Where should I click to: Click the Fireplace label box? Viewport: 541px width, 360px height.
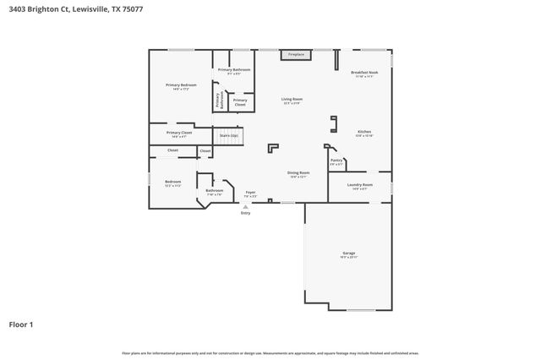click(x=296, y=54)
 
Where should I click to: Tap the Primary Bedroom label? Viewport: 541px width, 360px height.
click(x=181, y=86)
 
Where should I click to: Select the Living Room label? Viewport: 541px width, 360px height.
click(x=292, y=101)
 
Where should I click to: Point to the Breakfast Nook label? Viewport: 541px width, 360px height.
click(x=364, y=74)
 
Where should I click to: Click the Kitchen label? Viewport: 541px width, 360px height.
click(x=364, y=134)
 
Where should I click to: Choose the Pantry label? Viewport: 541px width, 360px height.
click(x=336, y=161)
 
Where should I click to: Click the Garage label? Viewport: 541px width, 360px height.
click(x=348, y=254)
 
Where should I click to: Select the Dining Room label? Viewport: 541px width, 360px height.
click(x=298, y=174)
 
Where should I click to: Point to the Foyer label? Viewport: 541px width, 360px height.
click(x=250, y=194)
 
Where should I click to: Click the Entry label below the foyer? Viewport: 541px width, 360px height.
click(x=246, y=213)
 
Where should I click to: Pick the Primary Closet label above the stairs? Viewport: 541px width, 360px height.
click(x=240, y=102)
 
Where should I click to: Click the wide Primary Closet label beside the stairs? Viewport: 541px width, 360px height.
click(x=179, y=134)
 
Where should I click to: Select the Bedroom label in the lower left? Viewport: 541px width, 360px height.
click(x=172, y=183)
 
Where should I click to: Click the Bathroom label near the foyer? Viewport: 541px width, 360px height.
click(x=214, y=192)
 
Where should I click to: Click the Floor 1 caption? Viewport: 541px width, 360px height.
click(x=22, y=324)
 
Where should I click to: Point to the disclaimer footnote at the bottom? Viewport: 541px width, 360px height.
click(x=270, y=352)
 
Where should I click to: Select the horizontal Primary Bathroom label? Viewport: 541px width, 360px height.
click(x=234, y=71)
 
